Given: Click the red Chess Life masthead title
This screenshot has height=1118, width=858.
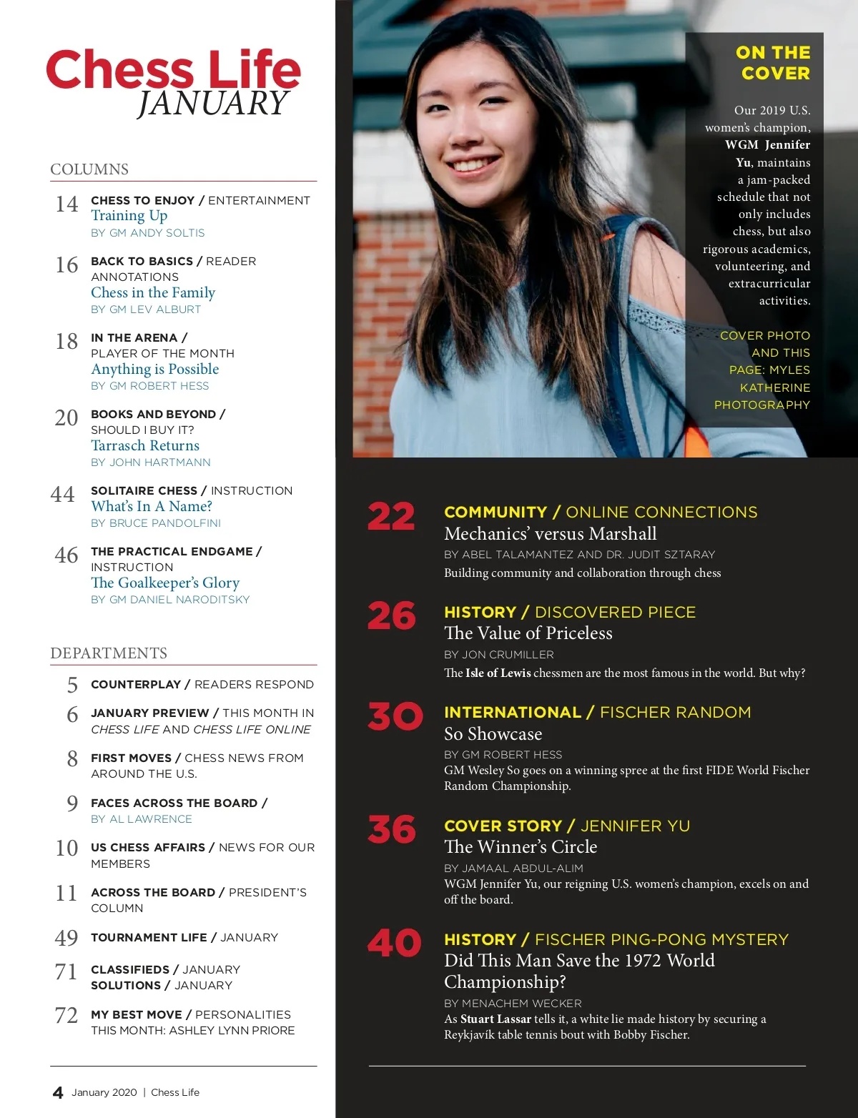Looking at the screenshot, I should click(x=173, y=71).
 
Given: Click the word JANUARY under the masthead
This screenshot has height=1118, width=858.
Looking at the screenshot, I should click(x=213, y=104).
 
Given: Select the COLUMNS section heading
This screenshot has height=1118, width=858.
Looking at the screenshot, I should click(x=89, y=169).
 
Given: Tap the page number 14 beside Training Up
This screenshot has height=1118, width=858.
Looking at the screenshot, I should click(x=66, y=204).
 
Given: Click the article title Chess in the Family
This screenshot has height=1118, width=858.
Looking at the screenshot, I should click(x=153, y=292).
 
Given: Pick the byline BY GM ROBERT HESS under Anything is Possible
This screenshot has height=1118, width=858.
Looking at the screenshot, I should click(x=150, y=386).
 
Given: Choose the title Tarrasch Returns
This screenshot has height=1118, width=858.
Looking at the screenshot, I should click(x=145, y=445).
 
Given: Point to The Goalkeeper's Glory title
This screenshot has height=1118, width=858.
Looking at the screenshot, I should click(x=165, y=583).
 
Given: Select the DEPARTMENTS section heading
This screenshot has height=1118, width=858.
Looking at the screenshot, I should click(x=109, y=653).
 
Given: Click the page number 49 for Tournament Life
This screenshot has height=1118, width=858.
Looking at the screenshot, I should click(x=66, y=938).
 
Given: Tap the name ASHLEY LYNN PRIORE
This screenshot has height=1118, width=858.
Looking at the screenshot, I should click(x=243, y=1031).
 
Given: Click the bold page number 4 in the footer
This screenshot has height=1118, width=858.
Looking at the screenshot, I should click(x=58, y=1092).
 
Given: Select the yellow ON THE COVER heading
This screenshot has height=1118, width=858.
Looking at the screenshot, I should click(x=774, y=63).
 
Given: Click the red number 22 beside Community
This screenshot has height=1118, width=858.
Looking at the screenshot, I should click(x=391, y=517).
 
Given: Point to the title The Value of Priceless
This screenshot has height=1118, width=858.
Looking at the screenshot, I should click(x=528, y=633).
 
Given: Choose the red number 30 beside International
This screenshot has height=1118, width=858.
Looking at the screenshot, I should click(x=395, y=716).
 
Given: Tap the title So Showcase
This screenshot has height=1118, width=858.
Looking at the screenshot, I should click(x=493, y=734).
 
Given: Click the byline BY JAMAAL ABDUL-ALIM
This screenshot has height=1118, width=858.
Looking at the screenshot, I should click(x=513, y=869).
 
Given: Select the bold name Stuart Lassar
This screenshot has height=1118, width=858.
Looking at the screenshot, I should click(x=495, y=1019).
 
